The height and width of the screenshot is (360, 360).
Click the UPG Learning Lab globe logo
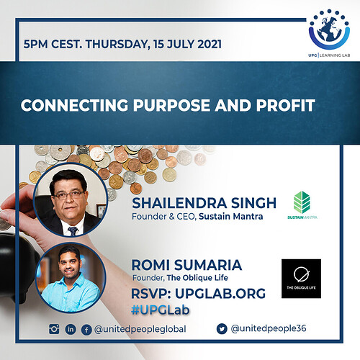coord(330,30)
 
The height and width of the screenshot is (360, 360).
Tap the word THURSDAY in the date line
coord(117,45)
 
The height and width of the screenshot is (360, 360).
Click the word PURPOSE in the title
coord(171,105)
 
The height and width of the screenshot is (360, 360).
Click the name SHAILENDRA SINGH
coord(204,203)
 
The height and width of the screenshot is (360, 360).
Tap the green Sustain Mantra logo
coord(302,205)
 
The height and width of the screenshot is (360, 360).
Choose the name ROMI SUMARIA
coord(186,265)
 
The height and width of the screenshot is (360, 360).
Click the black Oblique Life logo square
coord(301,279)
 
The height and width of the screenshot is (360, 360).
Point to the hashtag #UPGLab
coord(161,310)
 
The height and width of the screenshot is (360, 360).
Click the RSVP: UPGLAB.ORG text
coord(198,294)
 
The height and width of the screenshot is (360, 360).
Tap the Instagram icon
coord(54,329)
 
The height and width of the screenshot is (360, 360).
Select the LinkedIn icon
coord(71,330)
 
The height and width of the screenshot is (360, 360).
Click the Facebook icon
coord(86,330)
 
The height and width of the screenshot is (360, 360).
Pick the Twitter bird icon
coord(222,329)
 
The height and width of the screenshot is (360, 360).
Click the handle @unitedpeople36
coord(269,328)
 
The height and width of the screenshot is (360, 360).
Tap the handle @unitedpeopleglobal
coord(140,329)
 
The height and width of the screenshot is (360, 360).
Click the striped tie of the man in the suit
coord(73,231)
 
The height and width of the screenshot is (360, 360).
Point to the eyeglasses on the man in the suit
coord(69,195)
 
